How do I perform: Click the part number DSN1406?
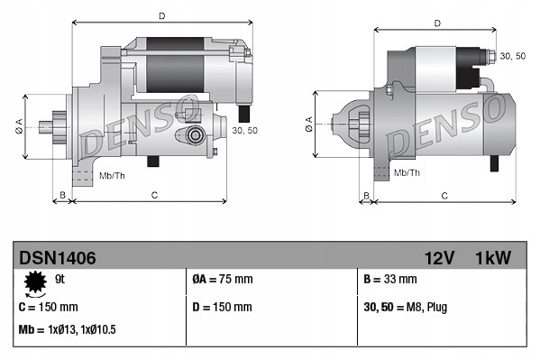[57, 258]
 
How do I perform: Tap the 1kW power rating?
[492, 258]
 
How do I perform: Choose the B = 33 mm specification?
[389, 280]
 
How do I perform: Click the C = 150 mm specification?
[49, 307]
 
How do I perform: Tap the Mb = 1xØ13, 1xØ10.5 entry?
[68, 330]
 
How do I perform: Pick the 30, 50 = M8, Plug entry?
[406, 307]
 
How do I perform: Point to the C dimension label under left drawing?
[154, 194]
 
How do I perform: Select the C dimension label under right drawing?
[445, 194]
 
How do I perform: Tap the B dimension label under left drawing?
[62, 194]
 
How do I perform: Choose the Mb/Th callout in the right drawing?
[407, 171]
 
